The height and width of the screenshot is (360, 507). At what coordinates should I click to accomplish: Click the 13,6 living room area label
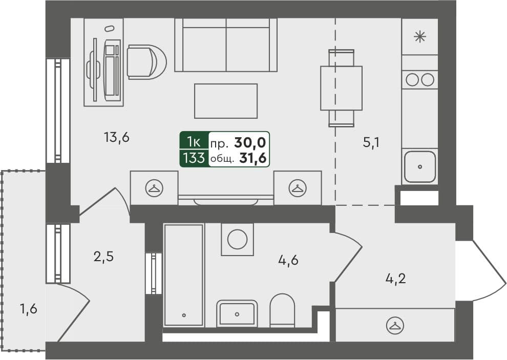coord(116,138)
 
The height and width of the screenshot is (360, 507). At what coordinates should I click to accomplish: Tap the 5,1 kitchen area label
coord(371,142)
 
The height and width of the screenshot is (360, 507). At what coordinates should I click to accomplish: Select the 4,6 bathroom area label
coord(288,260)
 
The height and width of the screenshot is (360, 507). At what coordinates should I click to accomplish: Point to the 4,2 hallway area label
coord(395,278)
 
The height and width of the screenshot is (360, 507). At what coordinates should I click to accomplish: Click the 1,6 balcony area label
coord(29,309)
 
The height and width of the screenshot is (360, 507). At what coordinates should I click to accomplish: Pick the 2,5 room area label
coord(103,257)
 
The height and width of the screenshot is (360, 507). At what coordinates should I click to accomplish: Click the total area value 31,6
coord(253,158)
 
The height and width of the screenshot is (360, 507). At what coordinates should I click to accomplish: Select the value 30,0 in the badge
coord(250,142)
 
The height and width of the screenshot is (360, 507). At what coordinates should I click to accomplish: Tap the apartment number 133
coord(194,158)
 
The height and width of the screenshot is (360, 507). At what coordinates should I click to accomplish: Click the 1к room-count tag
coord(194,142)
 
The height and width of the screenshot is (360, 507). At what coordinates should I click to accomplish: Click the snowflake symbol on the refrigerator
coord(420,36)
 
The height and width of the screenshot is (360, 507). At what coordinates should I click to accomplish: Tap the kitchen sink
coord(420,166)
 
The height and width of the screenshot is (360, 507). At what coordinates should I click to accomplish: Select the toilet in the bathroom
coord(282,310)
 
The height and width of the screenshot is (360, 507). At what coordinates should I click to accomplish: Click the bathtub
coord(184,275)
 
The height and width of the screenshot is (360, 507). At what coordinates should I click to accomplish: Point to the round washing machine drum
coord(237,239)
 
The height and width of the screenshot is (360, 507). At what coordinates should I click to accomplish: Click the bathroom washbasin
coord(237,313)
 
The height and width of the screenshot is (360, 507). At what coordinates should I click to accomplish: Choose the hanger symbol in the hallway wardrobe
coord(395,325)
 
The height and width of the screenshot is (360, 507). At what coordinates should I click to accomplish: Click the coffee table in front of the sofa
coord(226,101)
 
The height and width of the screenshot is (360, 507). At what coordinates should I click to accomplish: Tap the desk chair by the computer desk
coord(147,62)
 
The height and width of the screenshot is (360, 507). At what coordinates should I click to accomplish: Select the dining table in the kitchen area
coord(341,88)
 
